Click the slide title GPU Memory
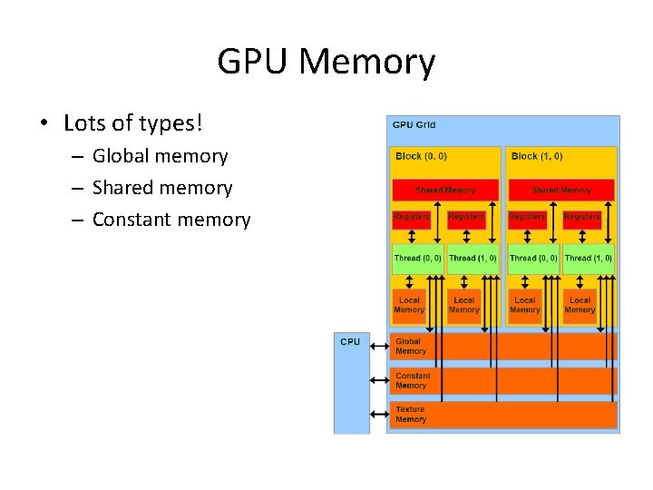pyautogui.click(x=326, y=62)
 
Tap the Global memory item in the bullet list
pyautogui.click(x=161, y=156)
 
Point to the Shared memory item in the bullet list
pyautogui.click(x=162, y=188)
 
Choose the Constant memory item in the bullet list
pyautogui.click(x=171, y=220)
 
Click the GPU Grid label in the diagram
pyautogui.click(x=414, y=124)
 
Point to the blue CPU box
pyautogui.click(x=351, y=381)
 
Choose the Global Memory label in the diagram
pyautogui.click(x=410, y=347)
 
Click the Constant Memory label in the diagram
pyautogui.click(x=413, y=380)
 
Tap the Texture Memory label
pyautogui.click(x=410, y=415)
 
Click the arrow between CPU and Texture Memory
pyautogui.click(x=379, y=416)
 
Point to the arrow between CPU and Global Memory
pyautogui.click(x=379, y=346)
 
